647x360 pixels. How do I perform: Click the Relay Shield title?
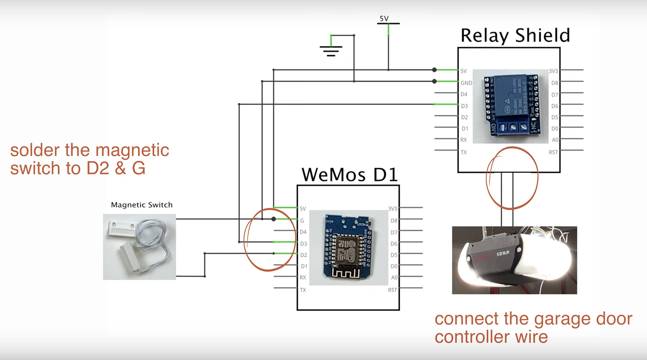515,36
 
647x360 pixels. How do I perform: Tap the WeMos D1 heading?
349,174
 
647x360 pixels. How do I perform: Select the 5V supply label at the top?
384,19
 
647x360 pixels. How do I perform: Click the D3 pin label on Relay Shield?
464,106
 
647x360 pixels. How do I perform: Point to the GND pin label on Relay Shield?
466,83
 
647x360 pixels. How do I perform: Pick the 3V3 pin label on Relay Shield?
553,71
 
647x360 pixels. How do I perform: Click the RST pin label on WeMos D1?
392,290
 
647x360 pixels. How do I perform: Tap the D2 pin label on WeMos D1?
303,255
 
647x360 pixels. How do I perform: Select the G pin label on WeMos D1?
302,220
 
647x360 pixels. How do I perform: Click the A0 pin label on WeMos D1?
394,277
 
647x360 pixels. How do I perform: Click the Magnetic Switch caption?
142,205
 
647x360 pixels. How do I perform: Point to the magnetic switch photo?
139,247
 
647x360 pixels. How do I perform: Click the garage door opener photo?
514,260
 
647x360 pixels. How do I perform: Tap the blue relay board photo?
510,106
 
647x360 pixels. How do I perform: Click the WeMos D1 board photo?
349,247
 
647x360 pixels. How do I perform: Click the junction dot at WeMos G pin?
274,219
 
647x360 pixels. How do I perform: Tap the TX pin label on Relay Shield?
464,152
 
